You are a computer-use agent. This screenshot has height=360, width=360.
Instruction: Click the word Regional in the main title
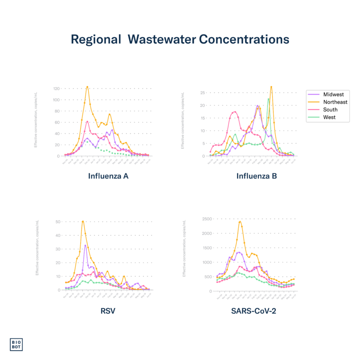tap(96, 40)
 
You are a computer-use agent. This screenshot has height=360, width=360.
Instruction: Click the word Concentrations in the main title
tap(244, 40)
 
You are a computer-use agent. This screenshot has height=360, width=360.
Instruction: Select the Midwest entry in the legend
tap(333, 95)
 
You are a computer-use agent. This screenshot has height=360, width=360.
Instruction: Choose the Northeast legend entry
tap(335, 102)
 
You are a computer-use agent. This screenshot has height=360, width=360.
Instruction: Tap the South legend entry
tap(330, 110)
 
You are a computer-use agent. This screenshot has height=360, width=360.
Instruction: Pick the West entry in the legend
tap(330, 117)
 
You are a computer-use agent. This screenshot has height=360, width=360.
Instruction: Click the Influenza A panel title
tap(108, 177)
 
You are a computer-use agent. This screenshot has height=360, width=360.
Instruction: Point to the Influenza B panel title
tap(256, 177)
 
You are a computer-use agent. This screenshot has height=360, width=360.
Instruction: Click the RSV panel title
tap(108, 310)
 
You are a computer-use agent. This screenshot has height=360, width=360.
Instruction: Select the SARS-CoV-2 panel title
tap(253, 310)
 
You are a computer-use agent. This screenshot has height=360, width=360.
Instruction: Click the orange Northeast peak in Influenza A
tap(87, 87)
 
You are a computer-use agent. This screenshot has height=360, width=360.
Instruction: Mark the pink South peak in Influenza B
tap(235, 111)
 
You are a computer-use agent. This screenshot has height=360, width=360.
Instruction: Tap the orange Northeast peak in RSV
tap(83, 221)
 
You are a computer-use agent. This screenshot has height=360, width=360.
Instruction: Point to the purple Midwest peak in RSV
tap(85, 245)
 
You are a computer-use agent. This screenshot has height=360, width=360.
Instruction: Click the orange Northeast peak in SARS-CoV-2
tap(240, 221)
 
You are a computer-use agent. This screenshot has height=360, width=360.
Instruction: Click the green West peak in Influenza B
tap(268, 99)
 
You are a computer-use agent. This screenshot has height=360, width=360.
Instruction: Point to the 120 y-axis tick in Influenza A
tap(56, 88)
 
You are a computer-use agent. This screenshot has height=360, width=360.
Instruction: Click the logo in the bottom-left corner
tap(16, 344)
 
